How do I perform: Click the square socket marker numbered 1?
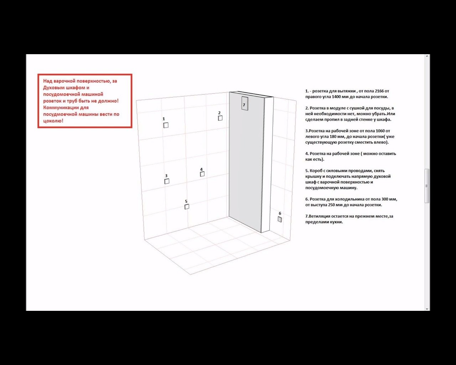point(166,125)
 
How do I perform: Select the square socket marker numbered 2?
point(220,118)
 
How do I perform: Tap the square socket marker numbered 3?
point(167,181)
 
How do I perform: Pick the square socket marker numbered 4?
point(202,174)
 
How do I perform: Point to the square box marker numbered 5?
point(187,207)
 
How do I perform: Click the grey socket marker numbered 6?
point(280,219)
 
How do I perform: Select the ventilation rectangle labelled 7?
point(245,103)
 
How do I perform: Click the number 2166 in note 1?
point(379,91)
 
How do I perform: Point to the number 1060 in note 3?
point(380,131)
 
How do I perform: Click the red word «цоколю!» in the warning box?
point(53,121)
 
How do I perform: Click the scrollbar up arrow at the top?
point(427,56)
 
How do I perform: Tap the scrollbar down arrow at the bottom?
point(427,309)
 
